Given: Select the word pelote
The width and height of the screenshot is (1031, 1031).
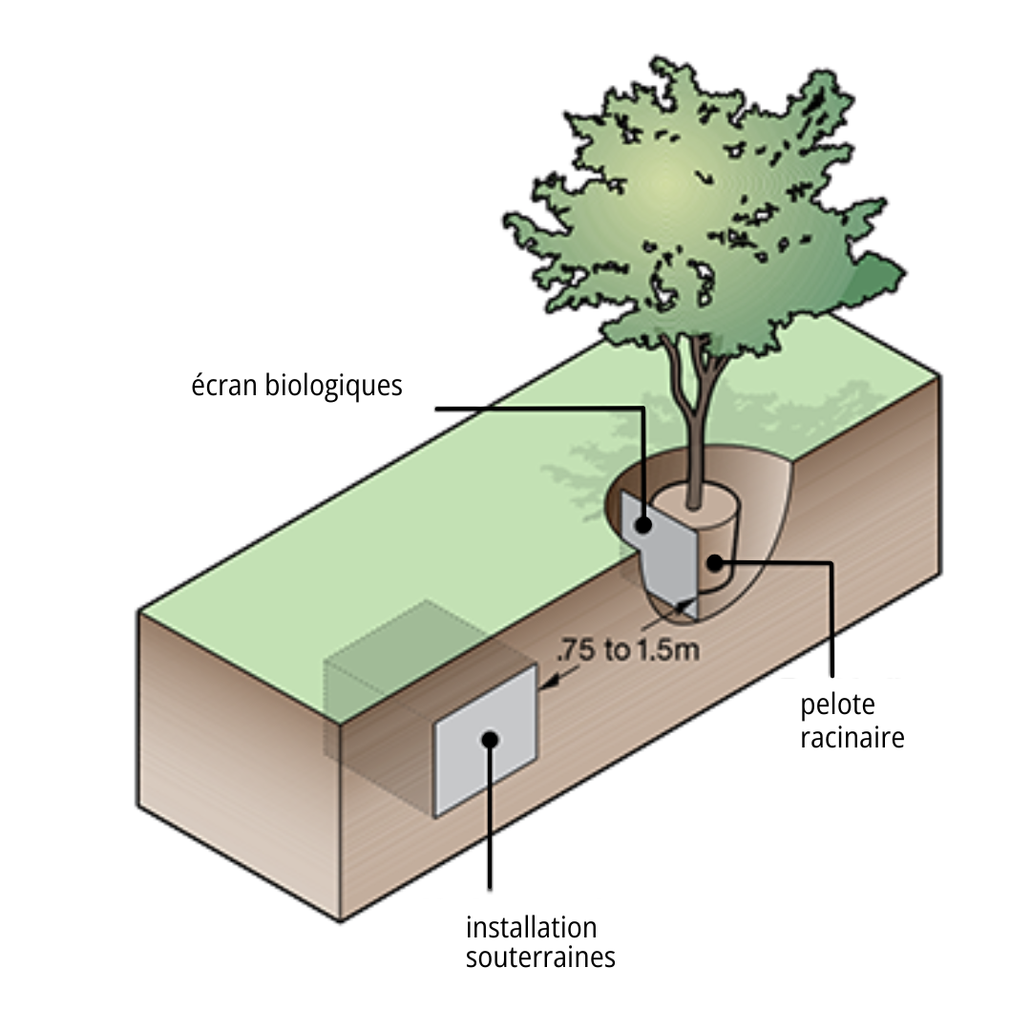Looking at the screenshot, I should (837, 705).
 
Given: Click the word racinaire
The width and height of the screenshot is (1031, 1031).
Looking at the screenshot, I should (852, 737).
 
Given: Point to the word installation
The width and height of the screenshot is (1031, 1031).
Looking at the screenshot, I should (531, 927).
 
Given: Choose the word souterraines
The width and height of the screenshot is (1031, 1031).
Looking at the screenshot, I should (540, 957).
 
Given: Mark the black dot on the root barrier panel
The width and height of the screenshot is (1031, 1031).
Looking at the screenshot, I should (644, 523).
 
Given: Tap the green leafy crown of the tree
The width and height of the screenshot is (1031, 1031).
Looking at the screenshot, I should (697, 210).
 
